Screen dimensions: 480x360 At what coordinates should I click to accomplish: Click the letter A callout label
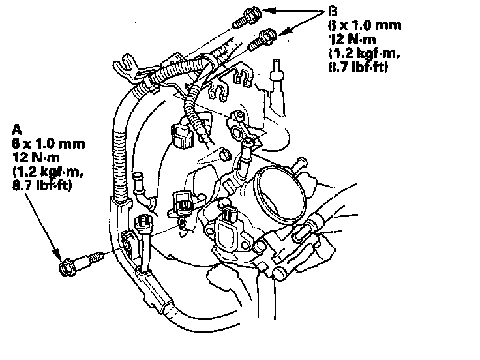[16, 130]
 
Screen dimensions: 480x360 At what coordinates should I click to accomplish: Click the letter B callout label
[333, 11]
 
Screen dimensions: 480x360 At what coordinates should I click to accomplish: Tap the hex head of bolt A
[67, 267]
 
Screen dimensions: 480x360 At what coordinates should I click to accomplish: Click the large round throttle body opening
[280, 194]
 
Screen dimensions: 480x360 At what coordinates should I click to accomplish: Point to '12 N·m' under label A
[36, 158]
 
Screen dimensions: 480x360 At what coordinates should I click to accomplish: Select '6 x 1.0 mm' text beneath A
[48, 143]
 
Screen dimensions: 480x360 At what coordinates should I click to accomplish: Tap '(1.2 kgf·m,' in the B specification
[365, 53]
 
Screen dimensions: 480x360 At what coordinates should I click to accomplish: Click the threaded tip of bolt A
[97, 256]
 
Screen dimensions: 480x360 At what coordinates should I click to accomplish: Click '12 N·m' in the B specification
[352, 40]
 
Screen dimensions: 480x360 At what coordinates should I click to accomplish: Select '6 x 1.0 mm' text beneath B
[365, 25]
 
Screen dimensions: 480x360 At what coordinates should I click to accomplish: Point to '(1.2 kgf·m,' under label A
[48, 172]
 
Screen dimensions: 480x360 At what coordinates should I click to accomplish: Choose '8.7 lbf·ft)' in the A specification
[42, 186]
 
